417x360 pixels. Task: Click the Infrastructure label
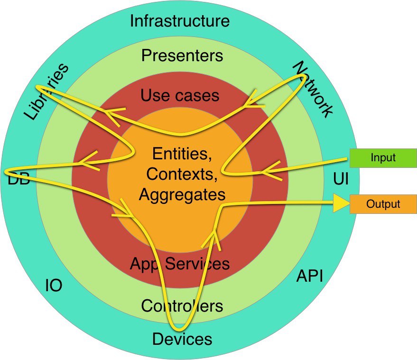180,21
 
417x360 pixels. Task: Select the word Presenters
182,55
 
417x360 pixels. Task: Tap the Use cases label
180,95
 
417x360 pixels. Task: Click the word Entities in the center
182,154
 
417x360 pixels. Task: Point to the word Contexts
182,174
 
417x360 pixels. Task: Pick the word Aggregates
182,194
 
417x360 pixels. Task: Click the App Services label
180,264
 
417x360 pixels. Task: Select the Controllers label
182,306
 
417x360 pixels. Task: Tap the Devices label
182,339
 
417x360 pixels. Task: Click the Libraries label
46,92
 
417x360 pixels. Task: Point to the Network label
313,89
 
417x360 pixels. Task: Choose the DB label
19,179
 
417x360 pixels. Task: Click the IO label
54,286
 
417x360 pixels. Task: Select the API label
310,276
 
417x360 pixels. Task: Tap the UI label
341,179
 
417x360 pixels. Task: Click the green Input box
383,158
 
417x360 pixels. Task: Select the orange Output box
383,204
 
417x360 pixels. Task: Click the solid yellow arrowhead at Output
341,203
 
